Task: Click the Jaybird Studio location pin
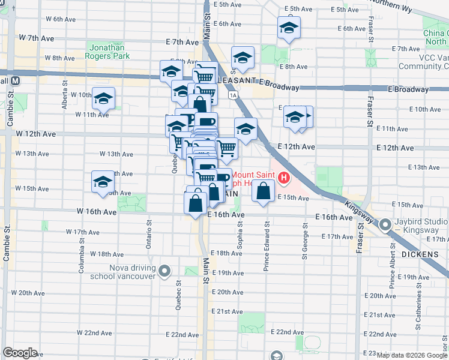384,226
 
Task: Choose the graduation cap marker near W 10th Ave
103,98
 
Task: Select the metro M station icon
16,80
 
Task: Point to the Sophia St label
240,234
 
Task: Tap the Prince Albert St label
391,270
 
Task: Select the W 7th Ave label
37,38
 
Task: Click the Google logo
20,353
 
